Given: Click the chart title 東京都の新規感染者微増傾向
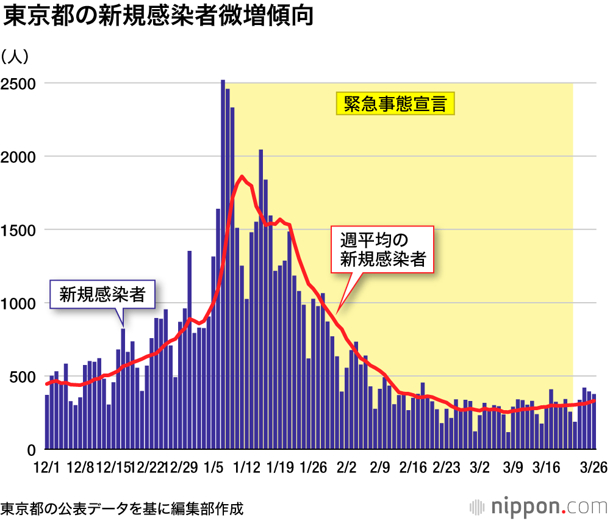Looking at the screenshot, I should point(158,16).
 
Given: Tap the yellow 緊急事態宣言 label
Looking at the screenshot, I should point(395,104).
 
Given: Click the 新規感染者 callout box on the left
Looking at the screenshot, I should point(102,295).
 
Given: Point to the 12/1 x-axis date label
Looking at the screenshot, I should point(47,468).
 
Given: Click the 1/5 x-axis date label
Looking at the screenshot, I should point(214,468).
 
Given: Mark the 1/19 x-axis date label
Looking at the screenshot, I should point(280,468).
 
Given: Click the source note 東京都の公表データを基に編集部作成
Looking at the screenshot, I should point(122,507).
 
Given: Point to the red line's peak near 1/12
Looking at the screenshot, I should point(242,177).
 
